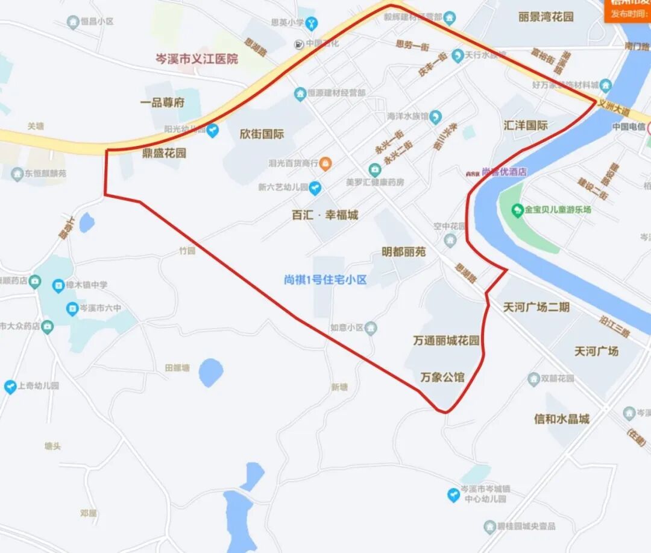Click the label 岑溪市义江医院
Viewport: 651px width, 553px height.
pos(197,59)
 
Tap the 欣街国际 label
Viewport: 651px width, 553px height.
pos(262,134)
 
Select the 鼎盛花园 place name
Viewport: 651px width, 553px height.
pos(164,153)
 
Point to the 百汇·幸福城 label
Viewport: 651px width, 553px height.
pos(325,215)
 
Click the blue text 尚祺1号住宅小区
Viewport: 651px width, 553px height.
pos(325,280)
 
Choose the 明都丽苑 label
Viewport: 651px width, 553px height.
pos(404,251)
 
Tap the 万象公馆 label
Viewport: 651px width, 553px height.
pos(442,378)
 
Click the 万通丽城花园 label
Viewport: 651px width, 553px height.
pos(446,341)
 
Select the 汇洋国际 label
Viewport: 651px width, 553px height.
pos(526,125)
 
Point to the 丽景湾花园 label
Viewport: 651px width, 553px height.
pos(546,17)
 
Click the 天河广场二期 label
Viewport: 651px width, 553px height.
pos(536,307)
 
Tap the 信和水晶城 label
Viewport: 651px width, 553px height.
pos(561,419)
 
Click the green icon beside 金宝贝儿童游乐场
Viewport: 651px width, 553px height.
pos(517,210)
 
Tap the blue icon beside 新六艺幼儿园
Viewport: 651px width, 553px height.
pos(315,188)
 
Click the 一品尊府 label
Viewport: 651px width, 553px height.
pos(162,103)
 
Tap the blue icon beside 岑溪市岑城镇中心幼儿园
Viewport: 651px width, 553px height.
pos(453,495)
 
